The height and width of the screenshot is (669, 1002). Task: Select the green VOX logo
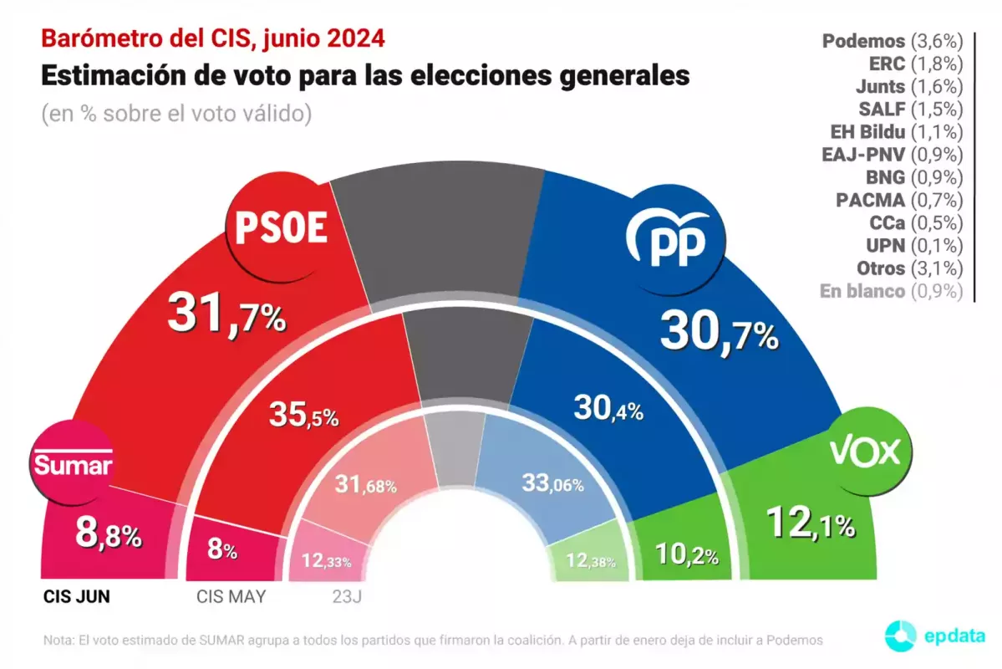coord(865,452)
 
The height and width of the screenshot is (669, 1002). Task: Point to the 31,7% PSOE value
coord(226,314)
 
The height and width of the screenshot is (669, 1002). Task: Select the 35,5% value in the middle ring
coord(303,414)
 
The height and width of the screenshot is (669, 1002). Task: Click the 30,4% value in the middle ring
coord(608,409)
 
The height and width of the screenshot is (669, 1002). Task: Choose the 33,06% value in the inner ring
coord(552,483)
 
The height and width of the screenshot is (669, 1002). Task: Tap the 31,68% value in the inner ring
coord(365,483)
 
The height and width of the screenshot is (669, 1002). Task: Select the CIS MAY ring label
coord(231,597)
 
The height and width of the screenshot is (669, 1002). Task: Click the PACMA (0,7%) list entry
coord(899,200)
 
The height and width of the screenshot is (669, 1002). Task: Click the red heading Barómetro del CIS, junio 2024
coord(213,38)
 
